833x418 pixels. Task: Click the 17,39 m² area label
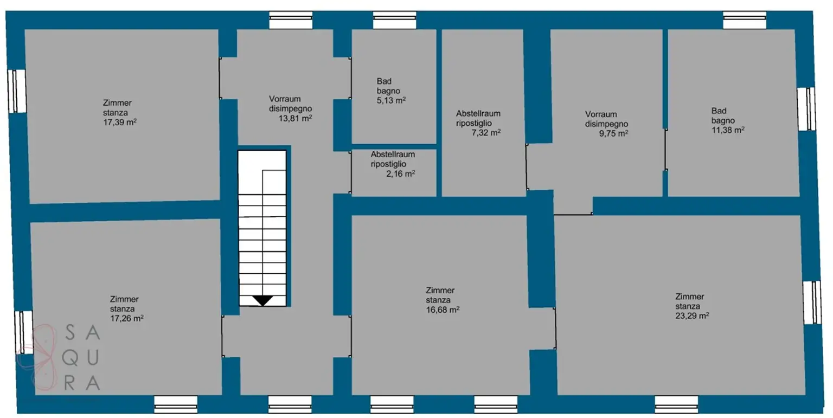[120, 123]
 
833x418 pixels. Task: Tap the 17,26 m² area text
[127, 318]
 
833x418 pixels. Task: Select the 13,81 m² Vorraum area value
[295, 118]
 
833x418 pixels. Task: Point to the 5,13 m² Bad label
[391, 100]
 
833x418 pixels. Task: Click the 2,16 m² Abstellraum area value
[401, 173]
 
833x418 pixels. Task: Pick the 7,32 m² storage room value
[486, 133]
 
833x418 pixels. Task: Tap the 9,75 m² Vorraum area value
[613, 133]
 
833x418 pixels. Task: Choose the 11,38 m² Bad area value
[728, 130]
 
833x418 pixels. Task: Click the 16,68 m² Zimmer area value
[443, 310]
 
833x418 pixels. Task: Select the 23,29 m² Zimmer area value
[692, 316]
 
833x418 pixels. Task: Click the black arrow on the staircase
[263, 300]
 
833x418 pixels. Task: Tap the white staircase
[262, 228]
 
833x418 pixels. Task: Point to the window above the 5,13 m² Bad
[395, 20]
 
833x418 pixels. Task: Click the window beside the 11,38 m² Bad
[806, 109]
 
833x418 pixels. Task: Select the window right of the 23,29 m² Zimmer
[812, 303]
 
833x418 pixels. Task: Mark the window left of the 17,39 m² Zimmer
[17, 91]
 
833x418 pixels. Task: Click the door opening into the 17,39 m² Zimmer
[220, 78]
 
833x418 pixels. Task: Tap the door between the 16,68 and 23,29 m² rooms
[555, 329]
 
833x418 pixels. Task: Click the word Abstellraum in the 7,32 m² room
[478, 113]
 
